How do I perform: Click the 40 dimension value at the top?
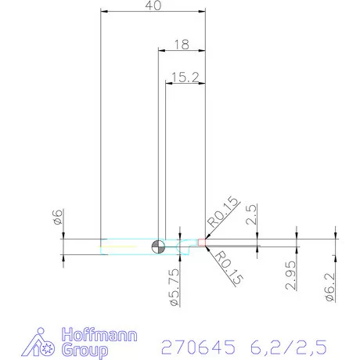[x=153, y=6]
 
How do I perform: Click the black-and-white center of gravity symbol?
[x=158, y=247]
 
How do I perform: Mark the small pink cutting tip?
[x=203, y=243]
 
